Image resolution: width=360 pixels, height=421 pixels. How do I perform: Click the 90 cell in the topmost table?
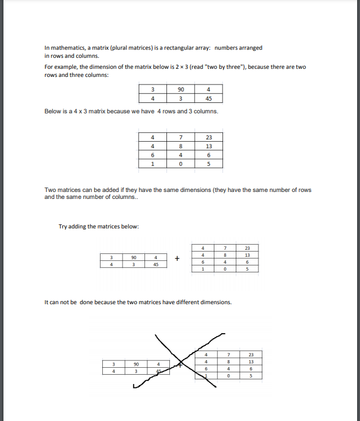(180, 89)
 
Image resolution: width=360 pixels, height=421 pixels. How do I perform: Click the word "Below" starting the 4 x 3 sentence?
(53, 111)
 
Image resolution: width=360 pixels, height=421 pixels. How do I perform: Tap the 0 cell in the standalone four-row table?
(180, 164)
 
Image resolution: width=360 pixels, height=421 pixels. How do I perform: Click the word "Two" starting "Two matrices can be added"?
(50, 190)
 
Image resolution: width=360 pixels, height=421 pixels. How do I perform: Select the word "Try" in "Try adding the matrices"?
(63, 226)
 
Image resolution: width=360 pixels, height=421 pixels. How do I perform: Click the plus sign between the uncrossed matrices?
(178, 259)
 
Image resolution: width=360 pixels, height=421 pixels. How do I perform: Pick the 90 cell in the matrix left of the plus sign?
(133, 258)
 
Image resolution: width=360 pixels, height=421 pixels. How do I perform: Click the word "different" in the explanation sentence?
(183, 302)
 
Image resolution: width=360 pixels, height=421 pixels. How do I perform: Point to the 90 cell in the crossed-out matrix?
(135, 364)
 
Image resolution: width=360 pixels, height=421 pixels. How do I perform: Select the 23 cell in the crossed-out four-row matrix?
(251, 354)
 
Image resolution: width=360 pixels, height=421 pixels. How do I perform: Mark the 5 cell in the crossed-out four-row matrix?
(251, 375)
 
